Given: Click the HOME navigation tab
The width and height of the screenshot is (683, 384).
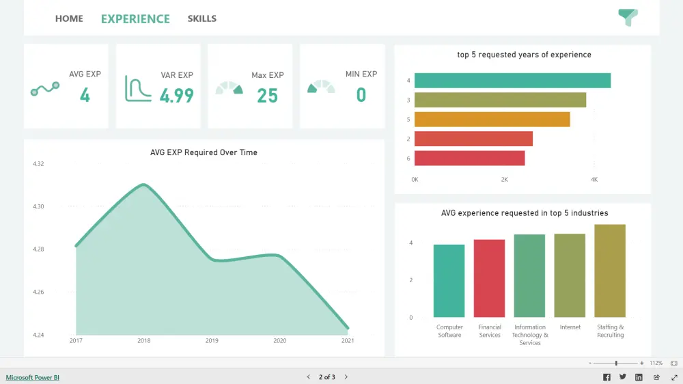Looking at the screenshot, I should [x=69, y=18].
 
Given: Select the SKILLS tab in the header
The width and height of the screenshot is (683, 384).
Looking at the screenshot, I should [x=201, y=18].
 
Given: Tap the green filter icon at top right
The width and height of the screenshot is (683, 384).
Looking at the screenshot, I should [x=627, y=18].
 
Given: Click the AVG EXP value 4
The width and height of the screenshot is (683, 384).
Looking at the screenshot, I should [x=85, y=95].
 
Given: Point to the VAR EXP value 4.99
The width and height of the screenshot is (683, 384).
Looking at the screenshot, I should [x=176, y=95].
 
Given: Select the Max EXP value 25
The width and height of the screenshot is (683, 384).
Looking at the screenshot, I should [x=267, y=96].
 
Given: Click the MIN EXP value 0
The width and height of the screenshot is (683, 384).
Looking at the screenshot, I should [x=361, y=95].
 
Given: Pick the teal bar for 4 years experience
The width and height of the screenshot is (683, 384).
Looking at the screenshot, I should [x=512, y=81].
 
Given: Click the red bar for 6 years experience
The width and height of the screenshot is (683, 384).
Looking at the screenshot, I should [x=469, y=158].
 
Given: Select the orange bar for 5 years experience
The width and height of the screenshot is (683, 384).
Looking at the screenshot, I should [x=492, y=120].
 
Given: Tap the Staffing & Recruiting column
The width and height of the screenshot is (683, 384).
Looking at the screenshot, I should [x=610, y=271].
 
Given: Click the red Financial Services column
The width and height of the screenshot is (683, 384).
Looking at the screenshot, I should [x=489, y=278].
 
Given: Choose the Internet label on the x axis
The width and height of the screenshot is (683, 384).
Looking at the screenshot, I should [x=570, y=327].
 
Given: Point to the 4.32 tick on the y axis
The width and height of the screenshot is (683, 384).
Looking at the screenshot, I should [x=38, y=164].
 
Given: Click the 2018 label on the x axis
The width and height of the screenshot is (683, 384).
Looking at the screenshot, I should [x=144, y=340].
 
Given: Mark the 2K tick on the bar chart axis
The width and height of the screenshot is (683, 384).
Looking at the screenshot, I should [x=504, y=179].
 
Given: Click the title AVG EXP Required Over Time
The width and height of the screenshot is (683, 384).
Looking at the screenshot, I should [x=204, y=152].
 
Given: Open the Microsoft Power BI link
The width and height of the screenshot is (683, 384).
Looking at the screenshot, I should [x=33, y=377].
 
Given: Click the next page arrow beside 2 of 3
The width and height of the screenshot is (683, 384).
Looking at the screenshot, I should [x=346, y=377].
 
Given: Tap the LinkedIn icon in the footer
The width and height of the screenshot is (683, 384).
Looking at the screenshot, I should [x=639, y=377].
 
